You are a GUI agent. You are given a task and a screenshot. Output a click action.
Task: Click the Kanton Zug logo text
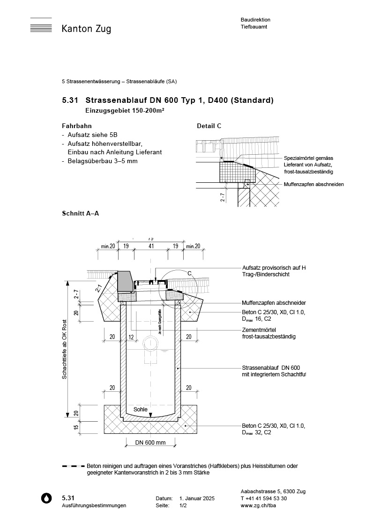pyautogui.click(x=86, y=29)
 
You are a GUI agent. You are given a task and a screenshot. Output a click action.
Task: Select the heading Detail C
pyautogui.click(x=209, y=126)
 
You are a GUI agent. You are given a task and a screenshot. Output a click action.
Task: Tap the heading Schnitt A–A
pyautogui.click(x=80, y=213)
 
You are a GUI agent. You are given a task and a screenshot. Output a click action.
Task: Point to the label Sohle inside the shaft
pyautogui.click(x=141, y=409)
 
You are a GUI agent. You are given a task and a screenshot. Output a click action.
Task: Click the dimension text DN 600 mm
pyautogui.click(x=150, y=442)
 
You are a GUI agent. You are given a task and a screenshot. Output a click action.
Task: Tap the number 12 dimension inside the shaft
pyautogui.click(x=131, y=337)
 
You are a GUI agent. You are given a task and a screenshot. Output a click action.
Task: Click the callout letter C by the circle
pyautogui.click(x=190, y=273)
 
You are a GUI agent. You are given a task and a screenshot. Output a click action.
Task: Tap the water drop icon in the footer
pyautogui.click(x=46, y=498)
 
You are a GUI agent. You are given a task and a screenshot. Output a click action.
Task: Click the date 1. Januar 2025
pyautogui.click(x=197, y=499)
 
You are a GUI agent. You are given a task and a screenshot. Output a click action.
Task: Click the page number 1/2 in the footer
pyautogui.click(x=183, y=505)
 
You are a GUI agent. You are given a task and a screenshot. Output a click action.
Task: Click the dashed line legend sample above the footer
pyautogui.click(x=73, y=466)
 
